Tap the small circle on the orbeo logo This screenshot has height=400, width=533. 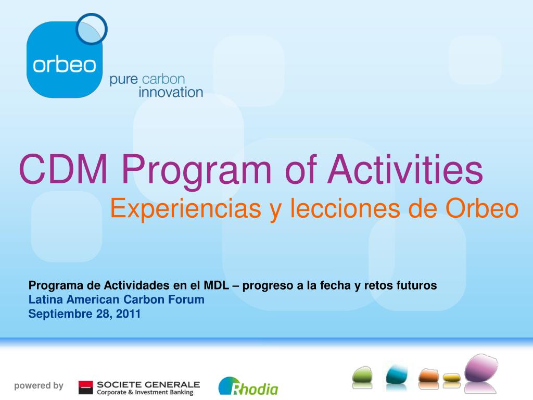coord(92,29)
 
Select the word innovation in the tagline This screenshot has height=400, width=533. coord(171,92)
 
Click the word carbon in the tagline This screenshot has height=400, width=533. coord(163,79)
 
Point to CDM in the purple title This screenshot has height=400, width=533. coord(64,169)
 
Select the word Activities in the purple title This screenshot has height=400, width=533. coord(405,169)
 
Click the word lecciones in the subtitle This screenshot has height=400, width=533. coord(345,208)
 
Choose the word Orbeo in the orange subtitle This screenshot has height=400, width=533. coord(482,208)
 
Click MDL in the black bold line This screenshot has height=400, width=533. coord(216,285)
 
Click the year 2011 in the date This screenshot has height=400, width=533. coord(128,314)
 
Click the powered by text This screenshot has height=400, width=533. coord(39,386)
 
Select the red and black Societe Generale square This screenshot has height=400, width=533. coord(85,387)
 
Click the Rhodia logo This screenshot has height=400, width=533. coord(248,386)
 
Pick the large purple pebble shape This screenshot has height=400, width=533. coord(481,368)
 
